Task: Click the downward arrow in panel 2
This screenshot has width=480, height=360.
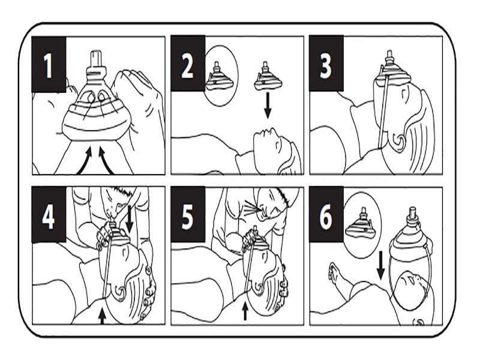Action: (x=268, y=106)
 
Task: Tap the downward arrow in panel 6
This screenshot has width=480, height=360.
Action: (x=380, y=265)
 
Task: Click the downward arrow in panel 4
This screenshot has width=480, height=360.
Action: (x=130, y=218)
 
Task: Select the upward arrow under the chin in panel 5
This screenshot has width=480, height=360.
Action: (x=245, y=310)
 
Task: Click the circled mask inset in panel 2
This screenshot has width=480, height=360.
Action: (x=220, y=76)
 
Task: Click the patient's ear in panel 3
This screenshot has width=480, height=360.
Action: (x=399, y=141)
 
